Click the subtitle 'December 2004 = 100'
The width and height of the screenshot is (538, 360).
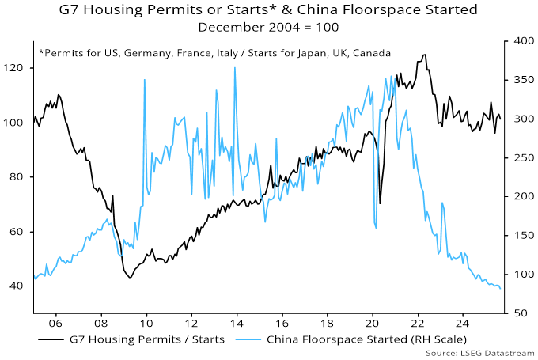point(269,27)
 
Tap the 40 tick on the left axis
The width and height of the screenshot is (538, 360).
point(20,286)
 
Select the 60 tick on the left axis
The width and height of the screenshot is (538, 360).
point(20,232)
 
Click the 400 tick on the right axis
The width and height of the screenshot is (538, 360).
point(520,41)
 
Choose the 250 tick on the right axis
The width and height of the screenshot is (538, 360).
point(520,158)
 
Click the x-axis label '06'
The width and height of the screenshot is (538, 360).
point(55,324)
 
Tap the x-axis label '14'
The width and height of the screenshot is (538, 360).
point(236,324)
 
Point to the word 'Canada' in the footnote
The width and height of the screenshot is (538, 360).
point(371,53)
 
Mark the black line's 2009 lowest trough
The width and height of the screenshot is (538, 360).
point(129,277)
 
